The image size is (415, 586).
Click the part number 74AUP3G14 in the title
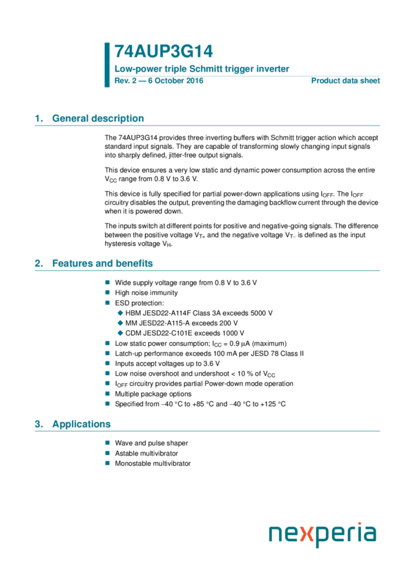pyautogui.click(x=164, y=52)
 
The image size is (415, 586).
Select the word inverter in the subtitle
pyautogui.click(x=273, y=69)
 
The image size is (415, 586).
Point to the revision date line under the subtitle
pyautogui.click(x=159, y=81)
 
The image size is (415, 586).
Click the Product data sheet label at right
pyautogui.click(x=345, y=81)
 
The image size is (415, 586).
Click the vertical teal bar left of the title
pyautogui.click(x=107, y=65)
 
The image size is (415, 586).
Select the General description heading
pyautogui.click(x=98, y=119)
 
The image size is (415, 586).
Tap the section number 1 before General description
pyautogui.click(x=39, y=119)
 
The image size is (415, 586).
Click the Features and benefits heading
pyautogui.click(x=102, y=263)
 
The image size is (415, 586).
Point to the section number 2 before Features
pyautogui.click(x=39, y=263)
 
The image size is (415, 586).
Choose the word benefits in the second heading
pyautogui.click(x=134, y=263)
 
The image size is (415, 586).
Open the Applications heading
pyautogui.click(x=81, y=424)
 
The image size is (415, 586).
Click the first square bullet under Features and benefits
pyautogui.click(x=107, y=282)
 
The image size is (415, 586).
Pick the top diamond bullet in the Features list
pyautogui.click(x=120, y=313)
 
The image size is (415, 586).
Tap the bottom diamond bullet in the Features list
pyautogui.click(x=120, y=333)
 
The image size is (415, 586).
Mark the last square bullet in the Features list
pyautogui.click(x=107, y=403)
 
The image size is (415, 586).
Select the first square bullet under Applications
pyautogui.click(x=107, y=443)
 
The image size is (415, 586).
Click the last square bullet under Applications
pyautogui.click(x=107, y=463)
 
